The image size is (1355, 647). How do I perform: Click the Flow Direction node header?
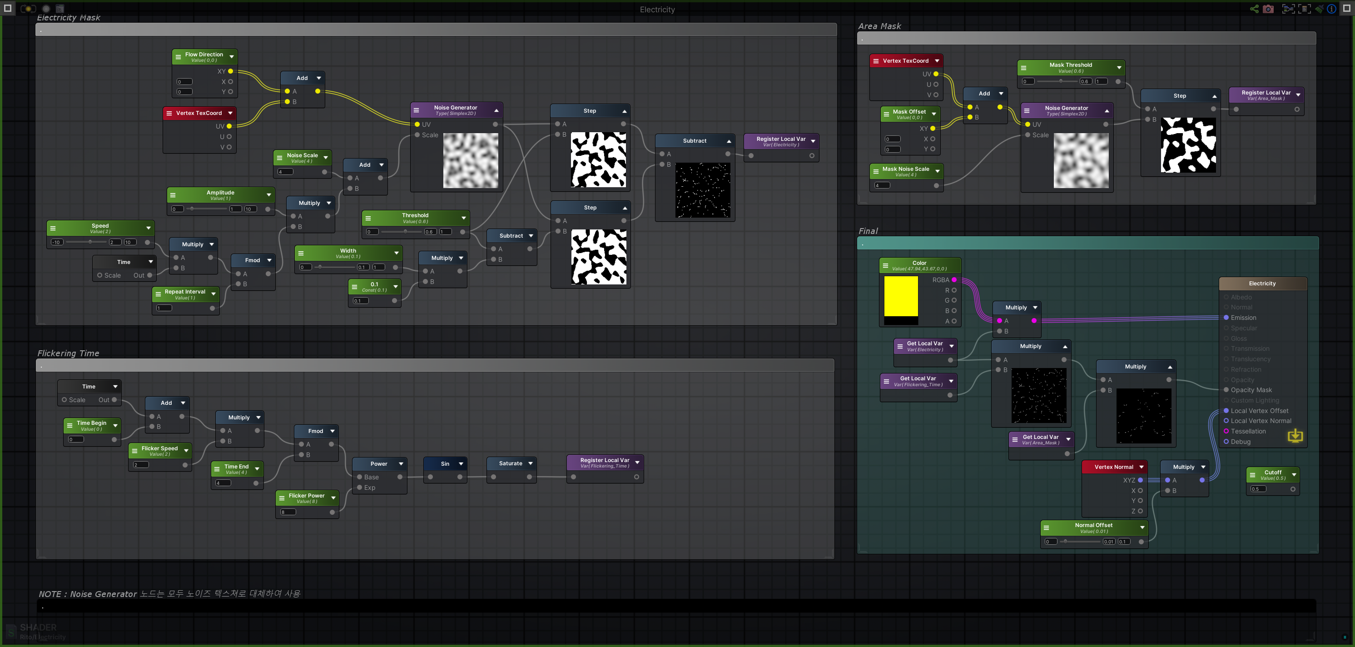[204, 57]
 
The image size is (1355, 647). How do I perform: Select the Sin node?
[445, 463]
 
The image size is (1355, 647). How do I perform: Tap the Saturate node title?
[510, 463]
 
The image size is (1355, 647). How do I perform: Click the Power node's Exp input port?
[360, 488]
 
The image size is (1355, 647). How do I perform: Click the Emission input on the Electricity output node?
[1226, 318]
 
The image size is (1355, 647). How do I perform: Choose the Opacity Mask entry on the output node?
[1251, 390]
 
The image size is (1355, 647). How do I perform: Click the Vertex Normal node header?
[1113, 467]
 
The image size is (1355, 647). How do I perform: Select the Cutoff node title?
[1272, 474]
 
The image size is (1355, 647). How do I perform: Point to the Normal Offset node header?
[1093, 527]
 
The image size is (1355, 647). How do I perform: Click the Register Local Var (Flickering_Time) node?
[605, 463]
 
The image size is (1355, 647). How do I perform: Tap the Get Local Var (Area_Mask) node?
[1040, 439]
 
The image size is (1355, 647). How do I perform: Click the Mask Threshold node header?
[1071, 67]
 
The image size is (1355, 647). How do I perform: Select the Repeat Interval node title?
[184, 294]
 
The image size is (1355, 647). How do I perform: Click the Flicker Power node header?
[306, 498]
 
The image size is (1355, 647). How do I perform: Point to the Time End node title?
[236, 469]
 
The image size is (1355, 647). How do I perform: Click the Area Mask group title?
[879, 26]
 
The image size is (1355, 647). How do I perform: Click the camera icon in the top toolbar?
[1268, 9]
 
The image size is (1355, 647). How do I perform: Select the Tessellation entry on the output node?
[1248, 431]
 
